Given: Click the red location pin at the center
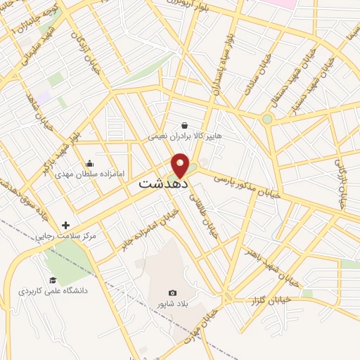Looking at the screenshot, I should pyautogui.click(x=181, y=165).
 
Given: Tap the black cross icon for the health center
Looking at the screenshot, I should pyautogui.click(x=66, y=225).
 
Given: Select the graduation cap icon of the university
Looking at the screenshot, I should pyautogui.click(x=53, y=280).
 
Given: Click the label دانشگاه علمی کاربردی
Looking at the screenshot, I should pyautogui.click(x=53, y=290).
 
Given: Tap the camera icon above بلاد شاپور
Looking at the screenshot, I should pyautogui.click(x=173, y=292).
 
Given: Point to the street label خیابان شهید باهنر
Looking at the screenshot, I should pyautogui.click(x=272, y=266).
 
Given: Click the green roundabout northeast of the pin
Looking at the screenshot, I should pyautogui.click(x=267, y=119).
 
